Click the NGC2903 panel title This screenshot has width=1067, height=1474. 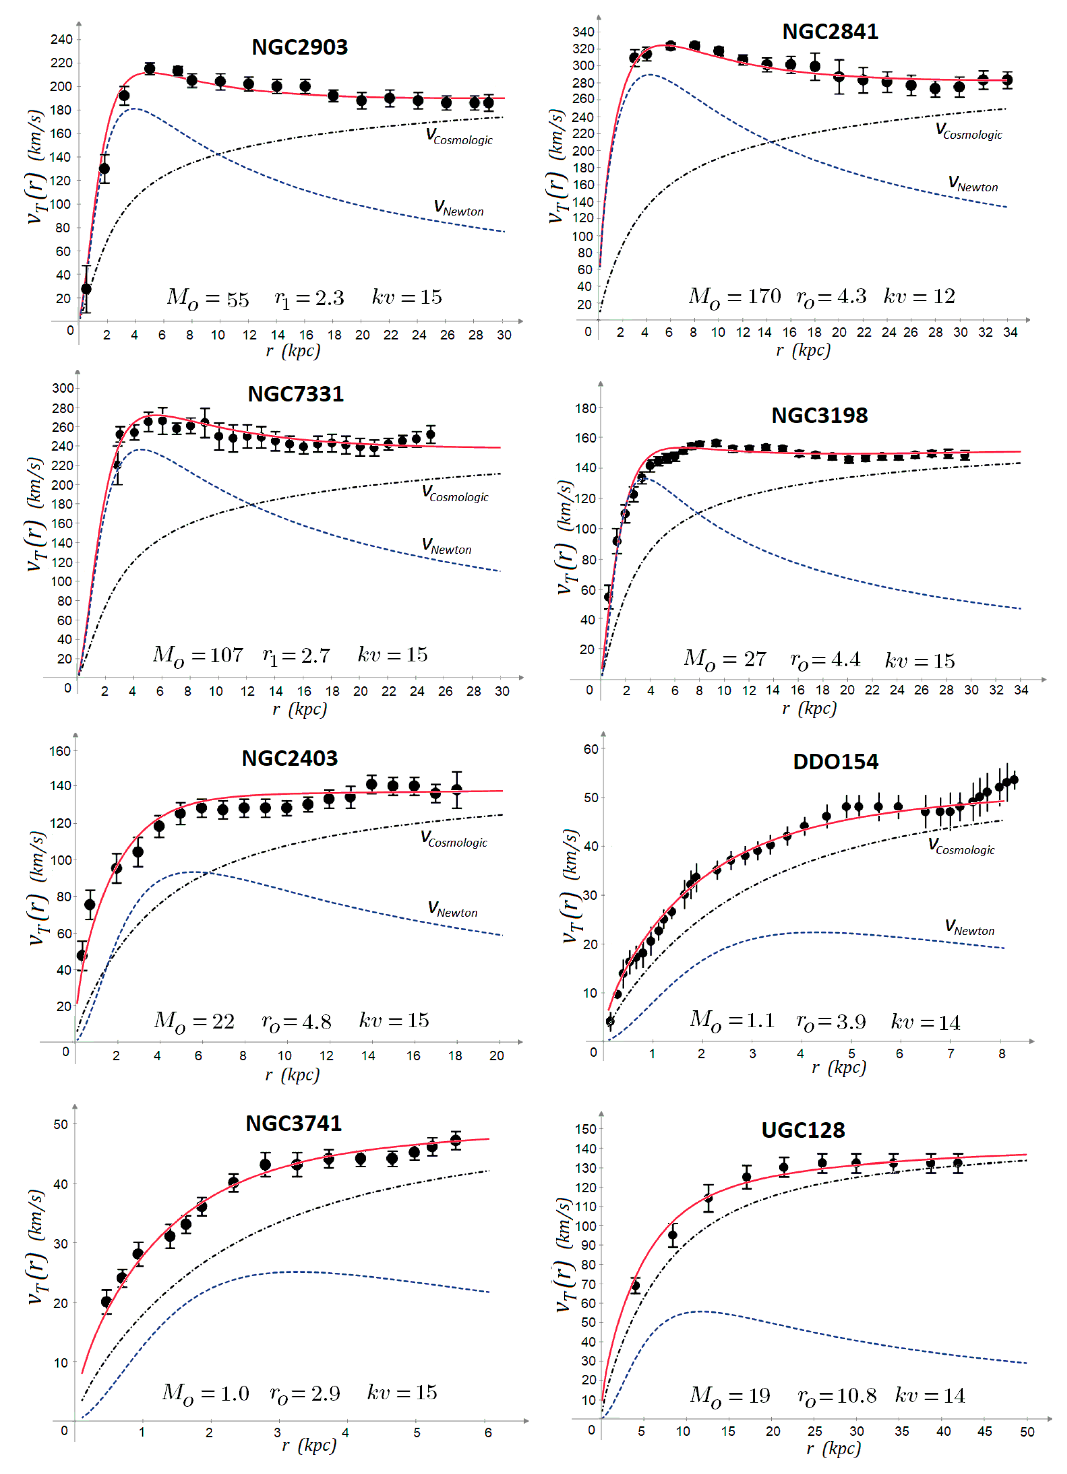(300, 47)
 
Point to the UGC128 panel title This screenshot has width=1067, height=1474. (803, 1130)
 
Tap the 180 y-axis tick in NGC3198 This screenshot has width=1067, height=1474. (585, 409)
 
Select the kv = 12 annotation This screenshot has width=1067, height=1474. (919, 297)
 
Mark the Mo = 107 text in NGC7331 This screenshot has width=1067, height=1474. (198, 655)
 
